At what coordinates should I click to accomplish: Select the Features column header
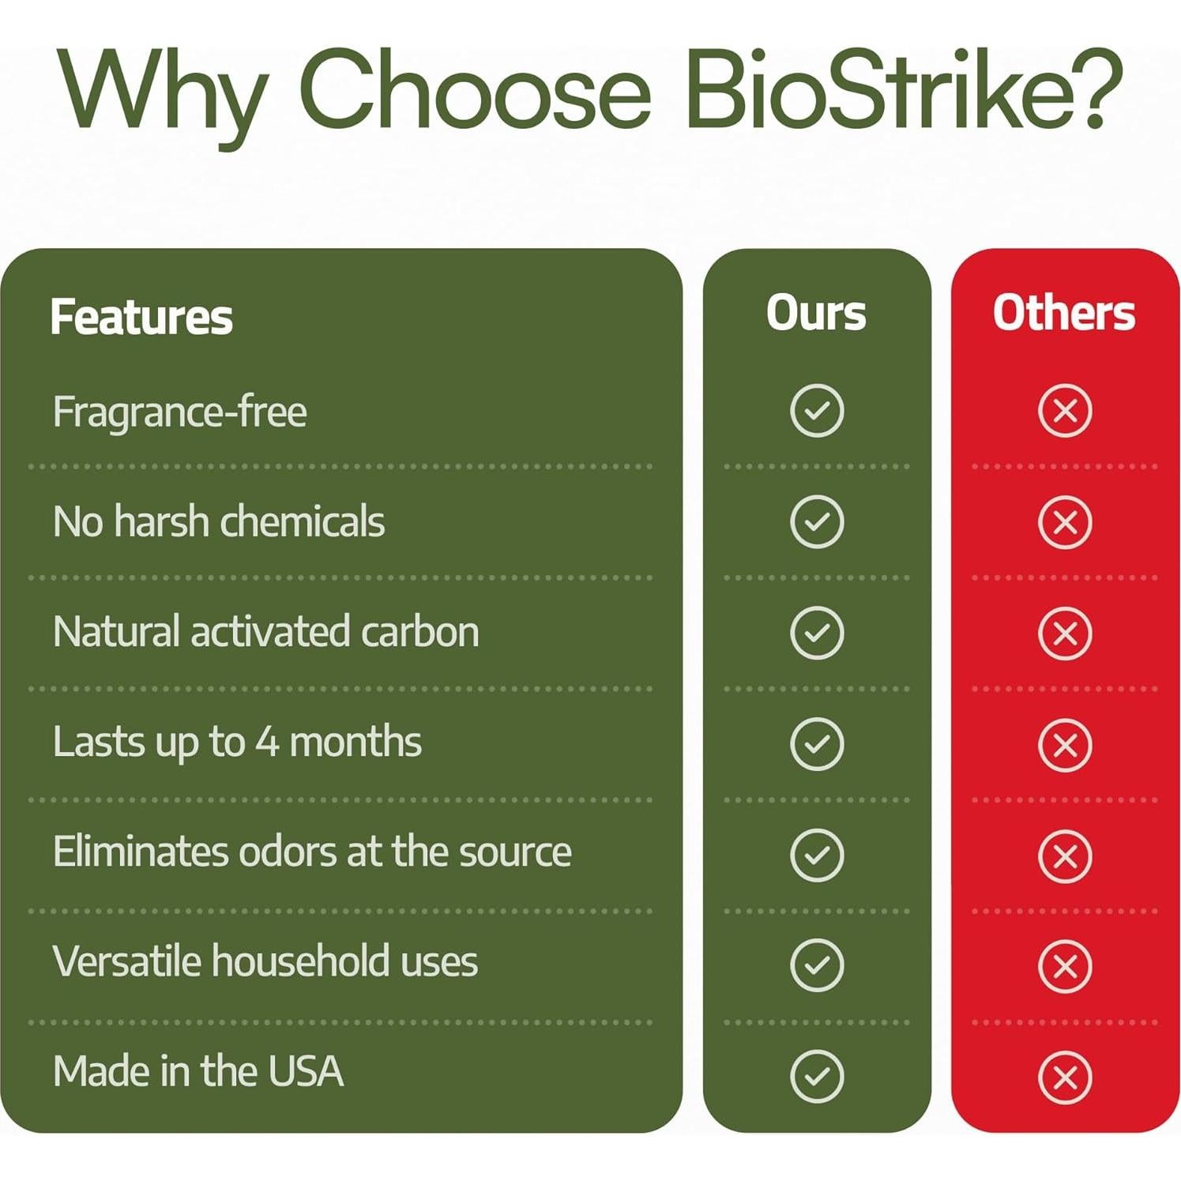point(141,317)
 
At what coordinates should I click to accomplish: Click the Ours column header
point(816,313)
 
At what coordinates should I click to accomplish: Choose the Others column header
point(1064,313)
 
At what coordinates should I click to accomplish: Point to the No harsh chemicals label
point(219,521)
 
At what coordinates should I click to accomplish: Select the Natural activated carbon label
point(266,632)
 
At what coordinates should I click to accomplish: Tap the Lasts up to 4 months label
point(237,743)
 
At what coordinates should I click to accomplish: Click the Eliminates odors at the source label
point(312,852)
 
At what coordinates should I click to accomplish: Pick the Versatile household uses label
point(265,961)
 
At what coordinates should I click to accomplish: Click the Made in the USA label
point(198,1071)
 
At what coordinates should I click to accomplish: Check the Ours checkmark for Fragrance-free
point(817,411)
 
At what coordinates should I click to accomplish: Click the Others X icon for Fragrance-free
point(1065,411)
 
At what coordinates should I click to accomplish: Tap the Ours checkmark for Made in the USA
point(817,1077)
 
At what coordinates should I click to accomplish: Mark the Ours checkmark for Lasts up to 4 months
point(817,744)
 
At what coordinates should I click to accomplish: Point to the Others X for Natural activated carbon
point(1065,634)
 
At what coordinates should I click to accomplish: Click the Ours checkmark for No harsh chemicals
point(817,522)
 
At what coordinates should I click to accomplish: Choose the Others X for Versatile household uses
point(1065,966)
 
